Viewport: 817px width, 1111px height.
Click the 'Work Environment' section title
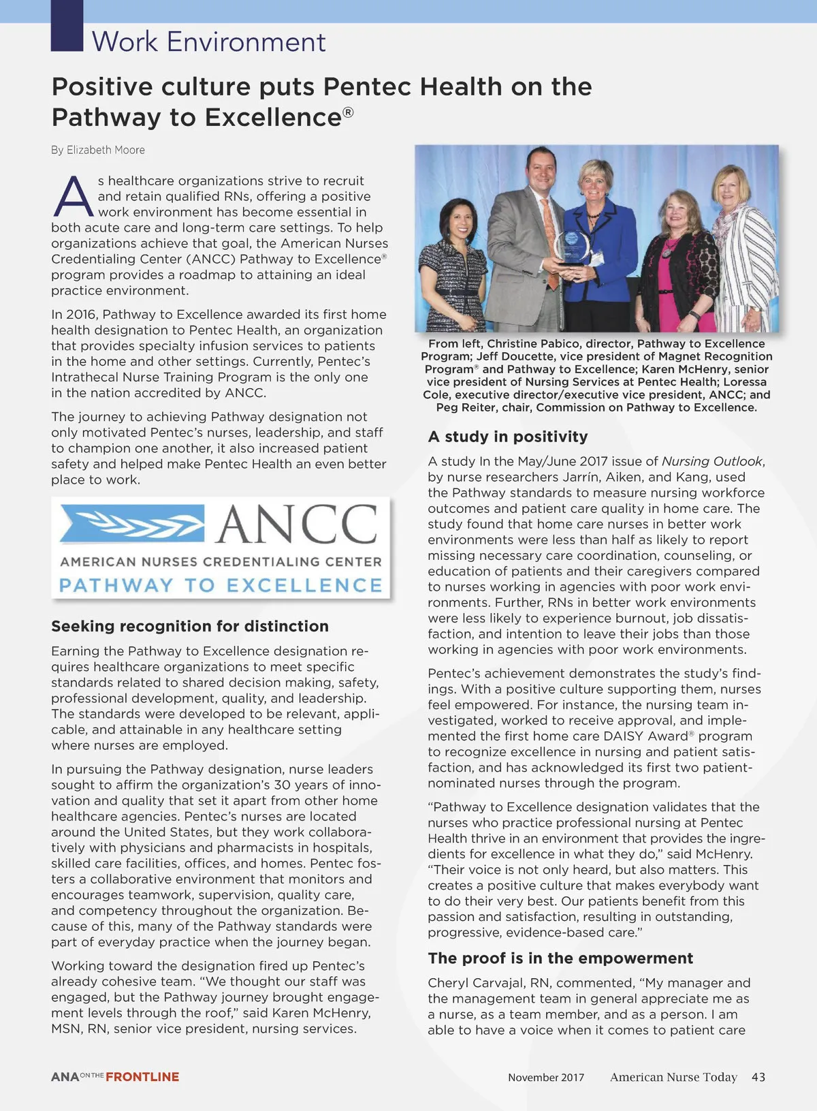[208, 42]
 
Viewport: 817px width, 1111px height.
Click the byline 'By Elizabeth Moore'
[97, 150]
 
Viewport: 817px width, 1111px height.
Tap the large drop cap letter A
[72, 196]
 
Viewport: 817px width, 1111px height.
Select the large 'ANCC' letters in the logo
[297, 525]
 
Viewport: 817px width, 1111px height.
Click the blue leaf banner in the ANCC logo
[132, 524]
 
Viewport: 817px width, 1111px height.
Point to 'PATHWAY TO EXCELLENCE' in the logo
[221, 586]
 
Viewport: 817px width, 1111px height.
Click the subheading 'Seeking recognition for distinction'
[189, 626]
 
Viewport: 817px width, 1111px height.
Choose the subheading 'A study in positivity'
[507, 437]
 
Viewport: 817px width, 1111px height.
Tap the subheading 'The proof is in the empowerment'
[560, 958]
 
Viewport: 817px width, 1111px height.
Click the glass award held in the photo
[571, 249]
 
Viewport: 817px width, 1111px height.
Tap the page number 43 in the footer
[758, 1077]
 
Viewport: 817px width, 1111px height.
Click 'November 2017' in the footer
[545, 1078]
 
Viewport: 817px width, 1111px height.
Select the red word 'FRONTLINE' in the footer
[142, 1077]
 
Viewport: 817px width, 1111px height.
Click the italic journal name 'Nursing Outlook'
[712, 461]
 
